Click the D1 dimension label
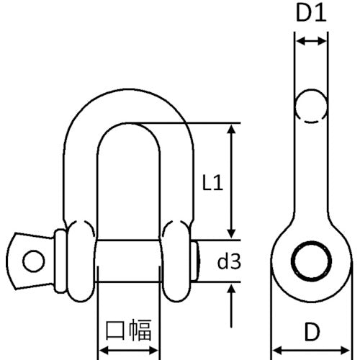point(311,14)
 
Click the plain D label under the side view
point(311,332)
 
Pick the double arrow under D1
point(311,42)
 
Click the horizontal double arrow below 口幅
point(128,351)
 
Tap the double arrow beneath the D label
point(311,351)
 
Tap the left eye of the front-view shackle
point(78,260)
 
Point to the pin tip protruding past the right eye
point(199,260)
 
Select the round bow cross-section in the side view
point(311,104)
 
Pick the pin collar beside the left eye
point(58,260)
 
